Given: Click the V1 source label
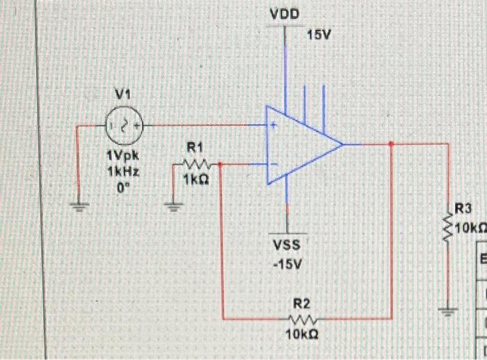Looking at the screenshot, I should click(x=123, y=93).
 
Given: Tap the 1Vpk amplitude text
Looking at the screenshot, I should click(x=119, y=159).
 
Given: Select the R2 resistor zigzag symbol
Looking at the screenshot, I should click(x=301, y=320).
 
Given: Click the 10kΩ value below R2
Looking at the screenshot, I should click(x=301, y=335).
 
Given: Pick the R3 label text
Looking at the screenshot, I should click(x=463, y=208).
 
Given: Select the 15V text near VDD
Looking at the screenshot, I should click(x=317, y=35).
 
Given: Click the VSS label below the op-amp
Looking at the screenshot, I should click(x=287, y=245).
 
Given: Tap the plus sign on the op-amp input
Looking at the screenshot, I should click(x=275, y=127).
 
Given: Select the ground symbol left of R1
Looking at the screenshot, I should click(x=174, y=205).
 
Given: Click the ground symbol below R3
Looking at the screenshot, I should click(x=448, y=311).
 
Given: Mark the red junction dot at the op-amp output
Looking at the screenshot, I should click(x=392, y=144).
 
